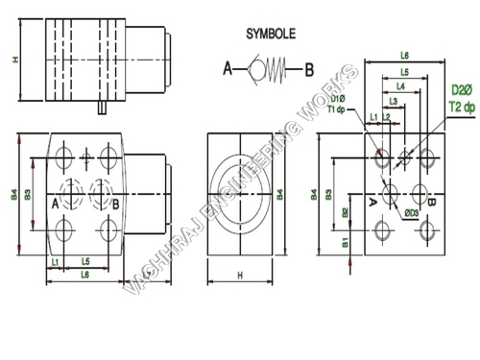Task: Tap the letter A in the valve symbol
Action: tap(228, 68)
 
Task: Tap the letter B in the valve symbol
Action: tap(309, 68)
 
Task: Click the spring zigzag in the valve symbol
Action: tap(278, 68)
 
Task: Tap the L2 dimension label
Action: tap(385, 116)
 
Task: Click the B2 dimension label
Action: tap(344, 213)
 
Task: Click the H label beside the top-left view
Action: tap(14, 60)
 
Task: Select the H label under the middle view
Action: tap(240, 275)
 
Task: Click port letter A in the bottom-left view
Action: tap(56, 204)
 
